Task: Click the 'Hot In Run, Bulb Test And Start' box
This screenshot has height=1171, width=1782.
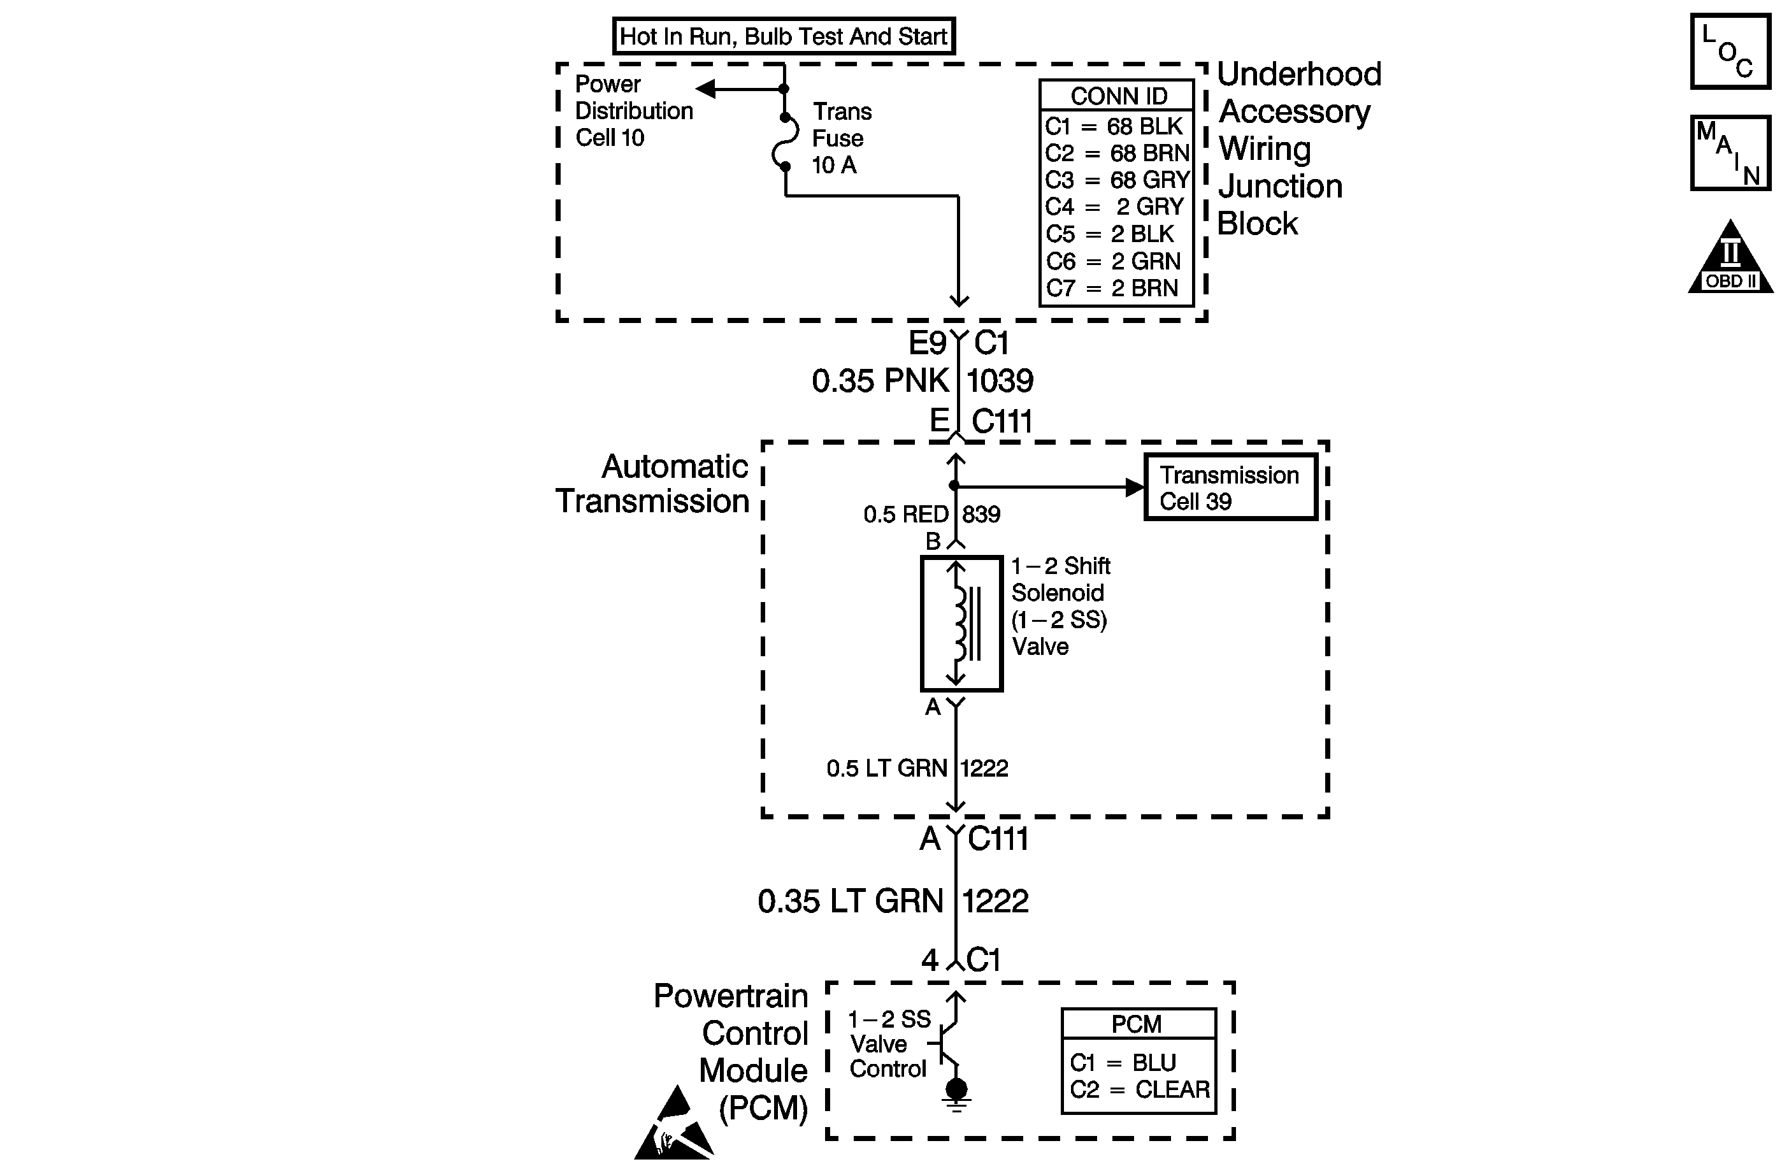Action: pos(784,36)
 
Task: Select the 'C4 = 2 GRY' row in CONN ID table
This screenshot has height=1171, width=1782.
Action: pos(1115,206)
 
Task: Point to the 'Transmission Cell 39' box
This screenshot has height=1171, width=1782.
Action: pos(1230,487)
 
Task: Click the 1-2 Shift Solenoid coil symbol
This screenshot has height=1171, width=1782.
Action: pos(961,623)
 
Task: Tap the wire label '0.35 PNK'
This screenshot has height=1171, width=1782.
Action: pos(880,380)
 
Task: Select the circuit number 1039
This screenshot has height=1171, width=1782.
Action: pos(1000,381)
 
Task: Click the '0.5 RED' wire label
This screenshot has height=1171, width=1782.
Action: pos(906,514)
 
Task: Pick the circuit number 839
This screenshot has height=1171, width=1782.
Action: pos(981,514)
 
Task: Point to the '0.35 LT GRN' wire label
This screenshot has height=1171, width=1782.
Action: pos(850,902)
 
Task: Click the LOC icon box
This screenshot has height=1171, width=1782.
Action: pos(1730,52)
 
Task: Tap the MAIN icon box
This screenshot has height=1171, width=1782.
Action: pos(1730,153)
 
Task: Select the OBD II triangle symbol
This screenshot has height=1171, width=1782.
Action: pos(1730,257)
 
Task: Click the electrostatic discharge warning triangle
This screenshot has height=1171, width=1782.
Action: pos(674,1123)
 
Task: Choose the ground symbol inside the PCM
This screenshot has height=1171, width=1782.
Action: pos(956,1095)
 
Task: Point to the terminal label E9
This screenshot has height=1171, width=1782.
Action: pos(928,343)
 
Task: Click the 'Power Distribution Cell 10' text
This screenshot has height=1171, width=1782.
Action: pos(633,111)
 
